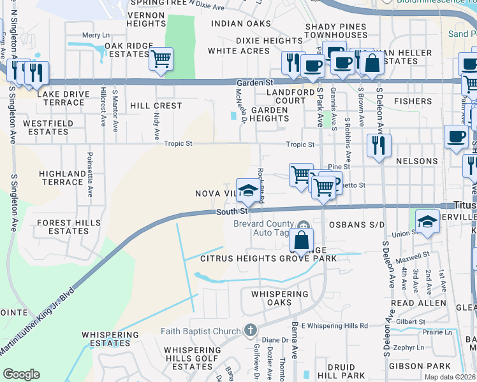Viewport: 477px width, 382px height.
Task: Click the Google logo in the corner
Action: [21, 374]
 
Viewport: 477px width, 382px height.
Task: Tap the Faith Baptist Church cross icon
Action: [251, 330]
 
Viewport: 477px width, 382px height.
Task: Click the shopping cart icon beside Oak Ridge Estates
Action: [161, 59]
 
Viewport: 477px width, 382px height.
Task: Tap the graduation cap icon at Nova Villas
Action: [248, 189]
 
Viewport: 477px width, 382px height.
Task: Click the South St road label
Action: [231, 211]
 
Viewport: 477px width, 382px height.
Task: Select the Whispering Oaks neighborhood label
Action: [279, 298]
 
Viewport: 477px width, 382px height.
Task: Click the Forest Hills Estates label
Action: [68, 227]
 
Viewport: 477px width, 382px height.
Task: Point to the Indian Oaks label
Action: [237, 24]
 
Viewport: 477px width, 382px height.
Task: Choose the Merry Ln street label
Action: [96, 36]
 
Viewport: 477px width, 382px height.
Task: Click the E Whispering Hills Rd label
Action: [335, 325]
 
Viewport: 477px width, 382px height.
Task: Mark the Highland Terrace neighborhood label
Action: [61, 178]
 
